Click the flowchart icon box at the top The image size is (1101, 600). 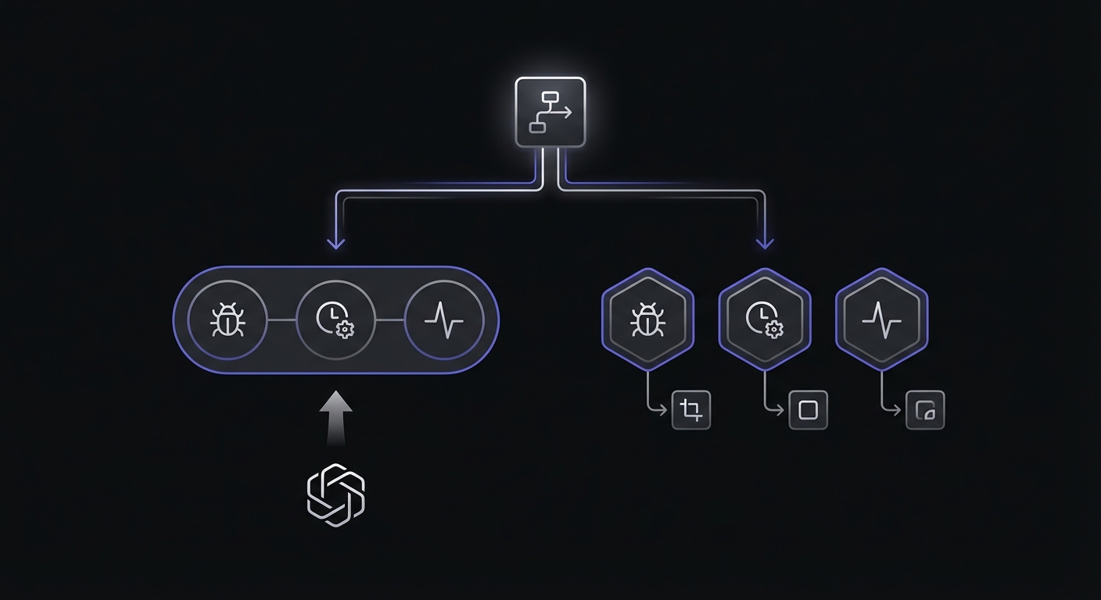click(x=550, y=112)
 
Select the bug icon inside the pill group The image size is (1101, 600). click(x=228, y=320)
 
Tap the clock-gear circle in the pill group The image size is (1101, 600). click(x=336, y=320)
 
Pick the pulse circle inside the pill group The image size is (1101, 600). click(x=443, y=320)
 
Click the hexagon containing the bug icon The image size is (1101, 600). click(x=647, y=319)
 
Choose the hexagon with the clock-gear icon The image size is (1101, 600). click(x=764, y=319)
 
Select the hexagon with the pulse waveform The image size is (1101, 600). click(x=881, y=319)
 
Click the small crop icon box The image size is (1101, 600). click(x=691, y=410)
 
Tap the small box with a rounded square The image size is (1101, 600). click(x=808, y=410)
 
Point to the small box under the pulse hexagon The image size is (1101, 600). click(x=925, y=410)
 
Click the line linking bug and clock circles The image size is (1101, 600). click(x=282, y=320)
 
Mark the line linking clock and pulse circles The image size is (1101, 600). click(x=390, y=320)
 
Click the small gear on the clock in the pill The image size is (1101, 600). click(x=344, y=329)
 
